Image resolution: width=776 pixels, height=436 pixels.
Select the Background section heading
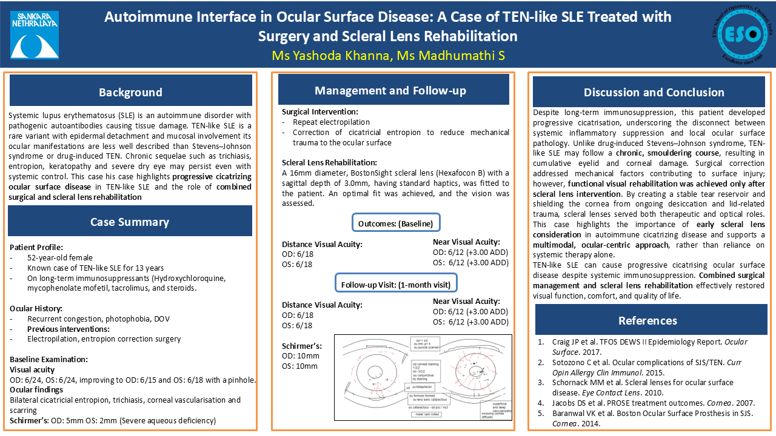[x=130, y=92]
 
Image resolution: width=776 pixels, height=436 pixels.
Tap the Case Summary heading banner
[x=130, y=222]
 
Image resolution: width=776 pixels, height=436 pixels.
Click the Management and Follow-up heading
[x=390, y=91]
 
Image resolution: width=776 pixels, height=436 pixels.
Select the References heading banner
[x=647, y=320]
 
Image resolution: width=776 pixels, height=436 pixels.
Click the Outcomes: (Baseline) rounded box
[x=396, y=223]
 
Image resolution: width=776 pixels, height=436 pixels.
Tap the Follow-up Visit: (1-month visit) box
[x=396, y=283]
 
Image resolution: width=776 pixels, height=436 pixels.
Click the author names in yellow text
[x=388, y=56]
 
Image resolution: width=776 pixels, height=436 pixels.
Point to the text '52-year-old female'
[x=60, y=257]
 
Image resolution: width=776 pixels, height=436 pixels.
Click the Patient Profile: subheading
[x=36, y=247]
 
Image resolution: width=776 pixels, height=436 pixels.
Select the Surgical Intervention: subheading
[x=320, y=112]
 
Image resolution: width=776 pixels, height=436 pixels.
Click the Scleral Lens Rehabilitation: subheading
[x=329, y=162]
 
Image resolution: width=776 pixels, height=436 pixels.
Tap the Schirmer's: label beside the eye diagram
[x=302, y=346]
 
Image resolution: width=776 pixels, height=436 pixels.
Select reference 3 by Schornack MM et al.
[x=643, y=387]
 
